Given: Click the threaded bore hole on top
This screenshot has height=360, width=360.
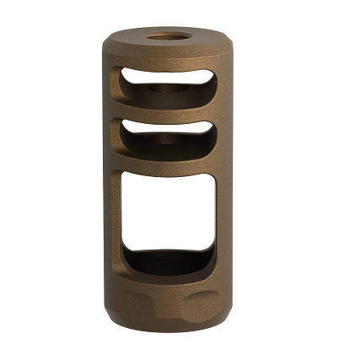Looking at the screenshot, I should (168, 37).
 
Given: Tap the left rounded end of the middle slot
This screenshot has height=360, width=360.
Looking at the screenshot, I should (124, 132).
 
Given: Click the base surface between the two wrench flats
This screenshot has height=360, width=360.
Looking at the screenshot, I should (168, 308).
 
